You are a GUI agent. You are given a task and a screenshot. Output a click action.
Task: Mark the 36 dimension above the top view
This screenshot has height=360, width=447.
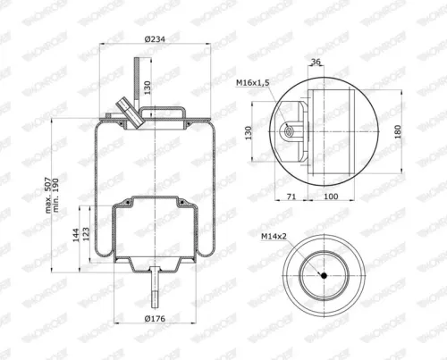(x=315, y=62)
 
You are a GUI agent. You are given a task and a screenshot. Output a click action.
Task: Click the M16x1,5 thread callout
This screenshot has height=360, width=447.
(x=254, y=82)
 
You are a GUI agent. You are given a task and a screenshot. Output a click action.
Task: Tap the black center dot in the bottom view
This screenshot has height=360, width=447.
(x=324, y=276)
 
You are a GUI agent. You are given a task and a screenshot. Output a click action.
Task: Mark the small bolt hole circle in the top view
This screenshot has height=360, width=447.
(x=290, y=131)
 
